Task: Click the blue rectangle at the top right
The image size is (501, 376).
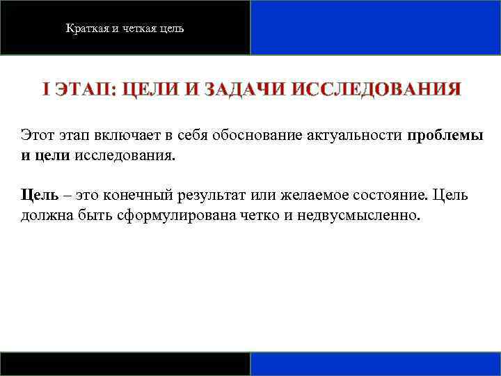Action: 375,27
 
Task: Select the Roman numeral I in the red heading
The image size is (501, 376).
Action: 45,90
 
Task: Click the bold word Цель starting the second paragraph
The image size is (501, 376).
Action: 35,195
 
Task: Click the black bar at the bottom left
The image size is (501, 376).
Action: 125,364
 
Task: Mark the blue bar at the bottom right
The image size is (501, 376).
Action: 375,364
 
